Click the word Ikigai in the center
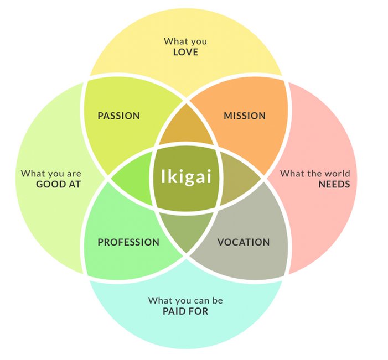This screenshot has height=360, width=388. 187,177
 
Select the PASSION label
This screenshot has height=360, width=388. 118,116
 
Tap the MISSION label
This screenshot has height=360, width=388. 245,116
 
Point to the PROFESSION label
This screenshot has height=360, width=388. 128,242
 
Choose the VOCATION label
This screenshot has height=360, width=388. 244,242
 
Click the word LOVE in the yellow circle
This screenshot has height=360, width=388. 185,52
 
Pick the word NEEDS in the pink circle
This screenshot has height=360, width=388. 334,184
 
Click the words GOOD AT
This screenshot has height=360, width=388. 59,184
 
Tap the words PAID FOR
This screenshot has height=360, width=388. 185,311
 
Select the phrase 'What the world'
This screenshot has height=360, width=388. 315,173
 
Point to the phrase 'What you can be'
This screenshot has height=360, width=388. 185,301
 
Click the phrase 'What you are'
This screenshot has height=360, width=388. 51,174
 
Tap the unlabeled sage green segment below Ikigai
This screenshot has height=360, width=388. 186,229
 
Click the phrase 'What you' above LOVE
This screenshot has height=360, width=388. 185,41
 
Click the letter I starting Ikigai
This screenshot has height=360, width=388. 163,176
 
